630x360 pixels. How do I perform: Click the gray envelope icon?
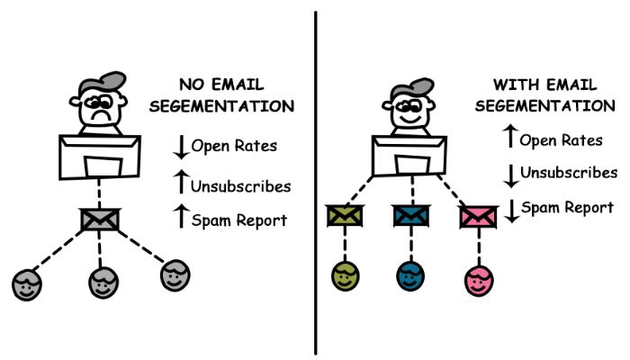pyautogui.click(x=100, y=220)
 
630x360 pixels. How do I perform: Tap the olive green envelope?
pyautogui.click(x=345, y=216)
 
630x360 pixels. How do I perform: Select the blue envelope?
pyautogui.click(x=410, y=216)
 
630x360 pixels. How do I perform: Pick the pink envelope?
pyautogui.click(x=478, y=217)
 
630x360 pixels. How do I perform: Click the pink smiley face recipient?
pyautogui.click(x=479, y=281)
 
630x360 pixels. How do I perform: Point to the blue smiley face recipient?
pyautogui.click(x=410, y=276)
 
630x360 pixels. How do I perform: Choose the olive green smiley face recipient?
pyautogui.click(x=345, y=276)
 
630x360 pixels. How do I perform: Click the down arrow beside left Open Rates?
pyautogui.click(x=181, y=147)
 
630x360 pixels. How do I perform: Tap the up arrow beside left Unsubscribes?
pyautogui.click(x=181, y=181)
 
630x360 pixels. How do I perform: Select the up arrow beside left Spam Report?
pyautogui.click(x=181, y=216)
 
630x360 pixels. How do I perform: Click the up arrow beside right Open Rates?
pyautogui.click(x=510, y=136)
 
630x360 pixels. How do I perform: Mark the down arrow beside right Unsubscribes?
pyautogui.click(x=511, y=176)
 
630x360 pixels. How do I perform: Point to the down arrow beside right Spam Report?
pyautogui.click(x=512, y=211)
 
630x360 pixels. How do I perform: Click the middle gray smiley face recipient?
pyautogui.click(x=103, y=283)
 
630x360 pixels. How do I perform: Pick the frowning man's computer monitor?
pyautogui.click(x=100, y=157)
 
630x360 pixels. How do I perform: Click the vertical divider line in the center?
pyautogui.click(x=316, y=183)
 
